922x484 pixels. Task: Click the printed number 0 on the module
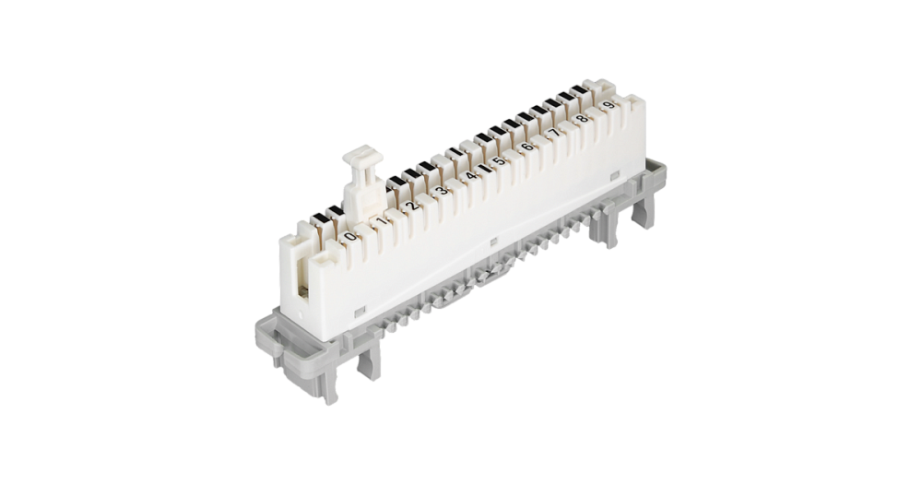coord(350,236)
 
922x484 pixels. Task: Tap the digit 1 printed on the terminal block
coord(382,221)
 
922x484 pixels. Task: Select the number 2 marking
coord(412,206)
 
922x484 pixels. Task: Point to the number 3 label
coord(441,190)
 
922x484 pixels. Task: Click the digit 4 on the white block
coord(470,175)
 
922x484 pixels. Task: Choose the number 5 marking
coord(498,160)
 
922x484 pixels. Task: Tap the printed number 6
coord(526,146)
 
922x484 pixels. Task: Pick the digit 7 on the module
coord(554,133)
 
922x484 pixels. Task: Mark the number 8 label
coord(582,119)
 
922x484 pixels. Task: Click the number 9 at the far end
coord(609,105)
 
